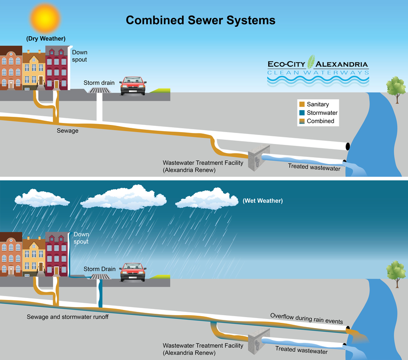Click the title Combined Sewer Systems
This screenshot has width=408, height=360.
(200, 21)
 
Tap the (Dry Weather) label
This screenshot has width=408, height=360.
(46, 39)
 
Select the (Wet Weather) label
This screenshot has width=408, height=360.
(263, 201)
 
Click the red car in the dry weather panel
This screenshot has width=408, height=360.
(133, 85)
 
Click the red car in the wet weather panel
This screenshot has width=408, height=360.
(133, 272)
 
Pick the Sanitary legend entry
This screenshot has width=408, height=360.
(317, 104)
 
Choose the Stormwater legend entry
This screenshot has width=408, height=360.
(322, 113)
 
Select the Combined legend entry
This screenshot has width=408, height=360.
(320, 121)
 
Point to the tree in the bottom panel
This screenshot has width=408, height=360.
(396, 272)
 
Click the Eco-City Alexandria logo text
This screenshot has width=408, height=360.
(317, 64)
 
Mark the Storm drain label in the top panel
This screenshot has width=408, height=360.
(98, 82)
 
